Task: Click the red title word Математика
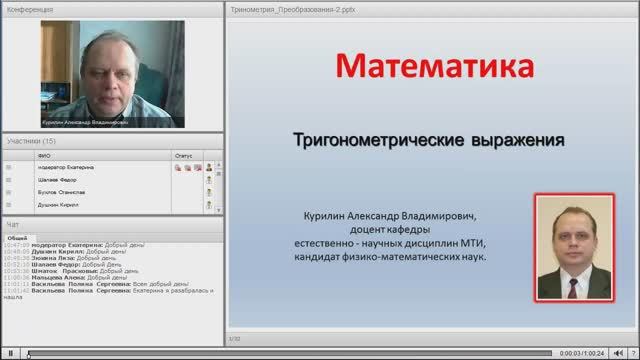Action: (431, 69)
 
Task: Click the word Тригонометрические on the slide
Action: (369, 141)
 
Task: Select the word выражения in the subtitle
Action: (512, 141)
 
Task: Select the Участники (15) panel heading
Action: (30, 142)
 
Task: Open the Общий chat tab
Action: (16, 237)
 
